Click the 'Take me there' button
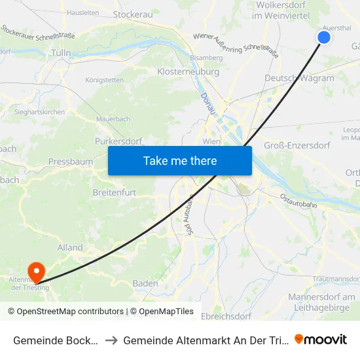[180, 160]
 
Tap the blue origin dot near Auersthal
[323, 37]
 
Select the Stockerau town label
[133, 13]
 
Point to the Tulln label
[60, 52]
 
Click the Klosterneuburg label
[183, 71]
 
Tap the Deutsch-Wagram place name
[299, 78]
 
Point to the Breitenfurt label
[115, 193]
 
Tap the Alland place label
[70, 247]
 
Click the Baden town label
[145, 283]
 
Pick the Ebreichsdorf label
[226, 316]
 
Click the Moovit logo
[320, 339]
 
